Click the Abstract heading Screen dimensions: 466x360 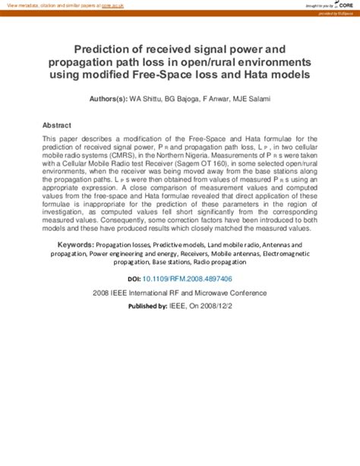(x=57, y=125)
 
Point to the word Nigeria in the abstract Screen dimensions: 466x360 (x=203, y=153)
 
